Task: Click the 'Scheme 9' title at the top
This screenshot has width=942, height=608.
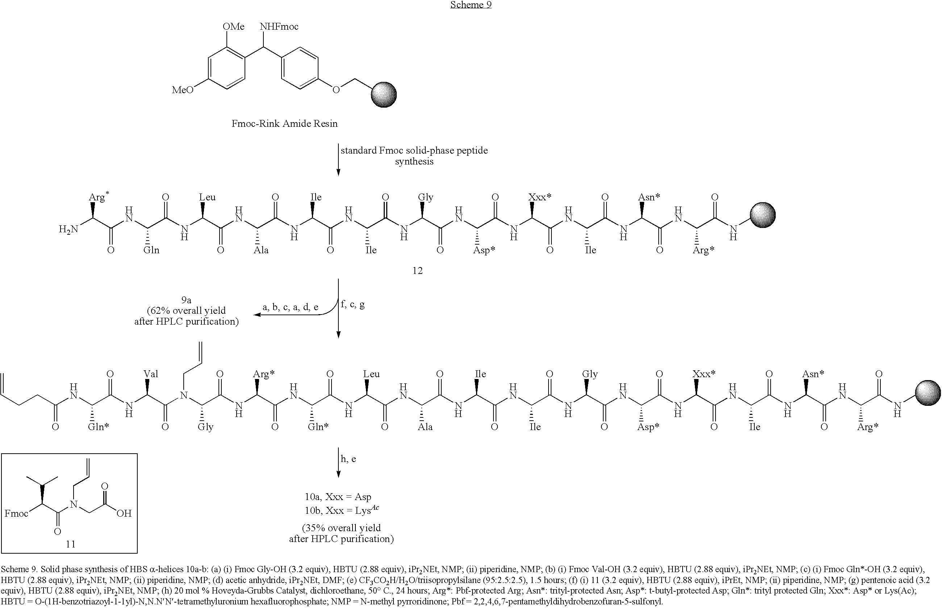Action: pos(471,5)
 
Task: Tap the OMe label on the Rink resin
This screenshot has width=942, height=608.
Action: pos(233,26)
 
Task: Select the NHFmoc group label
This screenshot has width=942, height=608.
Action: pos(279,26)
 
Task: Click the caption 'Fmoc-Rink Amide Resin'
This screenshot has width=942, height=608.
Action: pos(284,124)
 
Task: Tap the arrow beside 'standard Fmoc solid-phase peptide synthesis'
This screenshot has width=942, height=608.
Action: pos(338,159)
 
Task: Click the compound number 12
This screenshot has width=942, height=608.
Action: pos(417,270)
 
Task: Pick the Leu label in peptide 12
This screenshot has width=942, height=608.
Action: pos(207,197)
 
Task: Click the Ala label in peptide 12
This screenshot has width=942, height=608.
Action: pos(261,250)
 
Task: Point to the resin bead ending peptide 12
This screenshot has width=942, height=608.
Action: pos(763,215)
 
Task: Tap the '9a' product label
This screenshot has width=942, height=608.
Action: pos(186,300)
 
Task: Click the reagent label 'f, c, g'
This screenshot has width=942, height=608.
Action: pos(353,304)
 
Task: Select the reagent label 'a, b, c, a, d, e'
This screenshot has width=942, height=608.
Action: pos(291,308)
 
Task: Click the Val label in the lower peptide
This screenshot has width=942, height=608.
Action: pos(151,374)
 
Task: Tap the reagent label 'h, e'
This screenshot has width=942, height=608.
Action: pos(348,459)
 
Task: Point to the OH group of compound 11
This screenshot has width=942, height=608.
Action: pos(124,513)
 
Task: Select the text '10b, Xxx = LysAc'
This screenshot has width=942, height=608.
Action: pos(342,510)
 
